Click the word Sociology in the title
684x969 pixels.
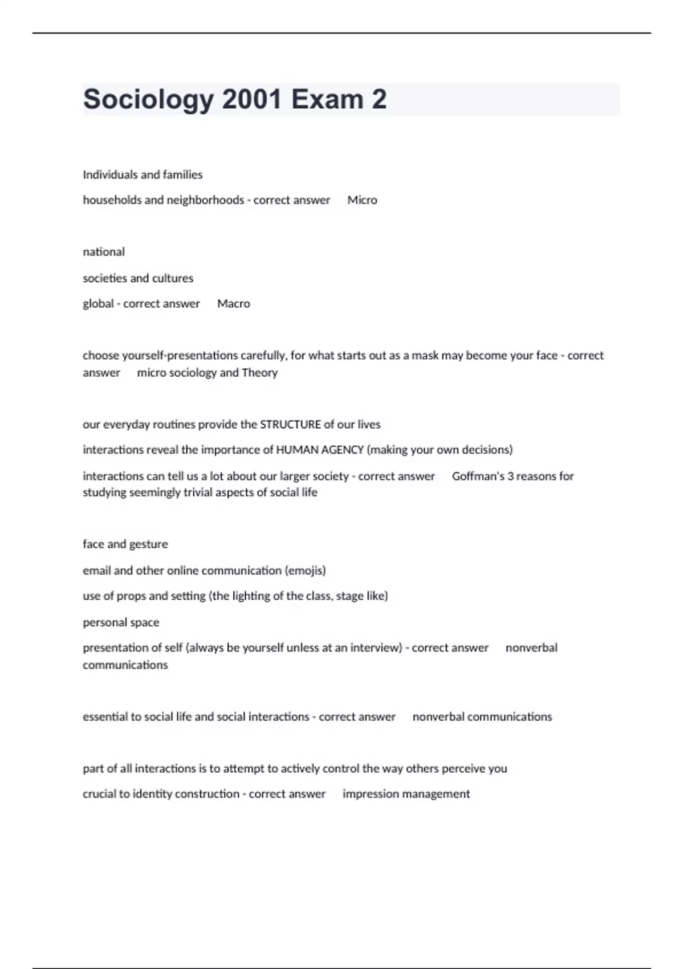(x=148, y=100)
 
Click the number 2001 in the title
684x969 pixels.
(x=251, y=100)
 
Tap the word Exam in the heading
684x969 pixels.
(x=327, y=100)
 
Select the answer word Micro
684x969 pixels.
(x=362, y=200)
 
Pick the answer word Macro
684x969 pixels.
(x=234, y=304)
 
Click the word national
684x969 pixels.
(x=104, y=252)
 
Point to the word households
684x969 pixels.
(x=112, y=200)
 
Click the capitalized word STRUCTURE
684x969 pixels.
(x=291, y=425)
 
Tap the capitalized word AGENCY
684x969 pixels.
(x=342, y=450)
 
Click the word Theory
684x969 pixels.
(x=259, y=373)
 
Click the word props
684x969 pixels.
(x=129, y=596)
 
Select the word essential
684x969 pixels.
(x=104, y=717)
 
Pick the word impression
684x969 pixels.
(x=369, y=794)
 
